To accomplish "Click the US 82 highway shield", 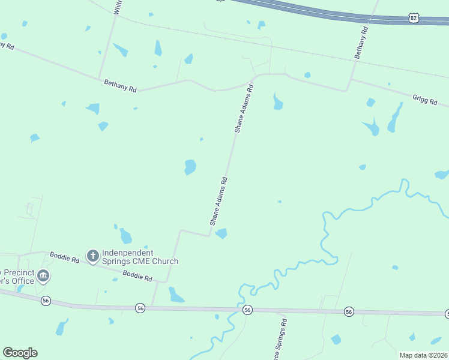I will click(414, 19).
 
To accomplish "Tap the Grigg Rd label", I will click(424, 100).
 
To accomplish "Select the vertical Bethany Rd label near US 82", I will click(361, 43).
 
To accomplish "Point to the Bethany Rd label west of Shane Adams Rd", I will click(120, 86).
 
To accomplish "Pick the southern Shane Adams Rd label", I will click(218, 201).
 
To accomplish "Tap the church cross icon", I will click(93, 257).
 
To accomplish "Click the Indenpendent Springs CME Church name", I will click(140, 257).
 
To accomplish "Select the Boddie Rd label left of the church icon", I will click(65, 259).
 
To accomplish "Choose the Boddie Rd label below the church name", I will click(137, 275).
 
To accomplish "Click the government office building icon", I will click(43, 276).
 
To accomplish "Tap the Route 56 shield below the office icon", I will click(46, 301).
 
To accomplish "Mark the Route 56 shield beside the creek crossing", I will click(247, 310).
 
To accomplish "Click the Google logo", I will click(20, 353).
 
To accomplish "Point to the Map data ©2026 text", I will click(423, 355).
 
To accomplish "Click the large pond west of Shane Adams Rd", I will click(190, 167).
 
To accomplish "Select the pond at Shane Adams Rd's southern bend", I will click(221, 233).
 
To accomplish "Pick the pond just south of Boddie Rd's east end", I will click(176, 295).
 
